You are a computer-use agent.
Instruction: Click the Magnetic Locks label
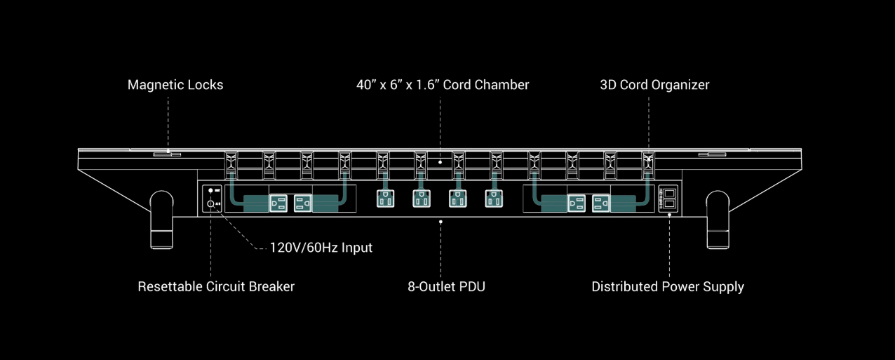click(175, 85)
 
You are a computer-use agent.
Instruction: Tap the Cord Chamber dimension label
click(443, 85)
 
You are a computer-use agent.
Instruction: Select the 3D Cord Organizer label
click(654, 85)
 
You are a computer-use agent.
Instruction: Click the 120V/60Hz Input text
click(321, 248)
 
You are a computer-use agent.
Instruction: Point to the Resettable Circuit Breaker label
click(216, 286)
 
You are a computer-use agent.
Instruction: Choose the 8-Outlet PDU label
click(446, 286)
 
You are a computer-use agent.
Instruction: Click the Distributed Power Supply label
click(668, 287)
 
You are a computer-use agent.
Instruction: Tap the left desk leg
click(162, 220)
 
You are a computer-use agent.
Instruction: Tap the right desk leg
click(718, 220)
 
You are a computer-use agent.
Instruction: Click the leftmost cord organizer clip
click(231, 165)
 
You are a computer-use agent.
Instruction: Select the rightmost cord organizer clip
click(648, 165)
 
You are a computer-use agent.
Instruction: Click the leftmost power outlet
click(278, 203)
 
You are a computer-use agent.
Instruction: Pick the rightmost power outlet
click(601, 203)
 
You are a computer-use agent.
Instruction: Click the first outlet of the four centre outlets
click(385, 199)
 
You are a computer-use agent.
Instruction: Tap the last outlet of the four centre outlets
click(494, 199)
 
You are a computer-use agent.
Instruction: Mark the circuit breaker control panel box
click(212, 199)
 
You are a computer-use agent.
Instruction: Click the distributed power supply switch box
click(668, 199)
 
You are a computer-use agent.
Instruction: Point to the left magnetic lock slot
click(167, 154)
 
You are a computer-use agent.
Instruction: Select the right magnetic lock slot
click(712, 154)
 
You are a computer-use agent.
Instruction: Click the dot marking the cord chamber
click(440, 162)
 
